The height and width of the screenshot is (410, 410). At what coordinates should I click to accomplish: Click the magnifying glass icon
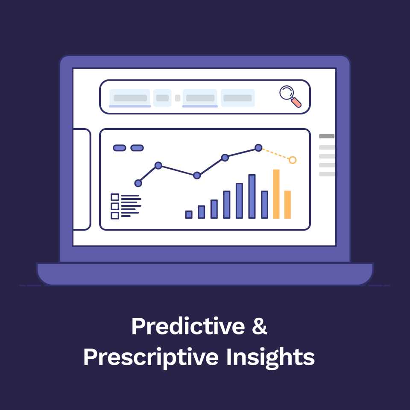289,95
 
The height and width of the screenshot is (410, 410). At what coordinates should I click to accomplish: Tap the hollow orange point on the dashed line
293,160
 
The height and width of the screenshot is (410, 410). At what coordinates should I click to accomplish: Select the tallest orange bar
276,194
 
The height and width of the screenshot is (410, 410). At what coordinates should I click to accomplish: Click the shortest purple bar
189,214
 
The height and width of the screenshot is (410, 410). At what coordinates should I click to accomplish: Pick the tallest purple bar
252,196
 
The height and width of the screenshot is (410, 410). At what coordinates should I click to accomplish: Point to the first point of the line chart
138,183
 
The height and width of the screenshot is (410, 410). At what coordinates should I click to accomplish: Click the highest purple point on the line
258,148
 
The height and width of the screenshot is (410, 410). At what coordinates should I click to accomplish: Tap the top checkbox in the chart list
115,197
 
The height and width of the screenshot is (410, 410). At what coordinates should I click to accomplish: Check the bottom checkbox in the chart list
115,216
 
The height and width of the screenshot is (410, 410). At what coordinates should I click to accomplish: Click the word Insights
271,357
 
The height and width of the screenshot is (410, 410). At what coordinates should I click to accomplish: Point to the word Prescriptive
152,357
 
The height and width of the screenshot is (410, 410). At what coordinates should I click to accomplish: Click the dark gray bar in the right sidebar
327,136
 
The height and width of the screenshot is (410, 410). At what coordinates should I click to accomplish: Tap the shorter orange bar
287,205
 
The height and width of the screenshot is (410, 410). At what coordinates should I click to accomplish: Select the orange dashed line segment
275,154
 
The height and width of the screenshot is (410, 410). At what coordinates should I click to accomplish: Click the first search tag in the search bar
130,98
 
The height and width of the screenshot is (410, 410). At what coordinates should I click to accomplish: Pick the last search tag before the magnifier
237,98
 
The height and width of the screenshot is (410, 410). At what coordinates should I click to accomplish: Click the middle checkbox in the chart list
115,206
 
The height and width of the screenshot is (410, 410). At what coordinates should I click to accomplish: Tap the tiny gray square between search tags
178,98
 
